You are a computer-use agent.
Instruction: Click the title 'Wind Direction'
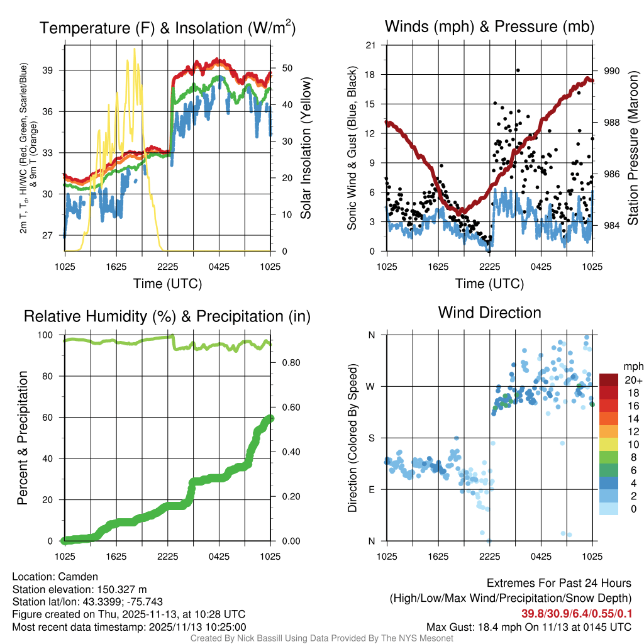[489, 313]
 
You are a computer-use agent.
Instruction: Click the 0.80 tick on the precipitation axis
[286, 363]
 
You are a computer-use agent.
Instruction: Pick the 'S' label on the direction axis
[371, 438]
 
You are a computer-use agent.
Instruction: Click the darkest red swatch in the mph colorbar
[609, 380]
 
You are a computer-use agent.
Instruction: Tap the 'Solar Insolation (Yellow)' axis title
[306, 148]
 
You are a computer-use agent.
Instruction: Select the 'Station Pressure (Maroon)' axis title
[633, 148]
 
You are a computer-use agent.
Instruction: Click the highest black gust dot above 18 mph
[518, 70]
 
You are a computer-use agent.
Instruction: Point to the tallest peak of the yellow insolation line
[134, 49]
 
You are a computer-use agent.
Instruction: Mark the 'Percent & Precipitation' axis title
[23, 438]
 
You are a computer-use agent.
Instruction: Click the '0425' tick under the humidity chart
[219, 557]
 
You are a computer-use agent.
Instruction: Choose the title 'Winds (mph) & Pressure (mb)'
[489, 26]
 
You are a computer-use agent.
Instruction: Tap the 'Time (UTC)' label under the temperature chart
[167, 284]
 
